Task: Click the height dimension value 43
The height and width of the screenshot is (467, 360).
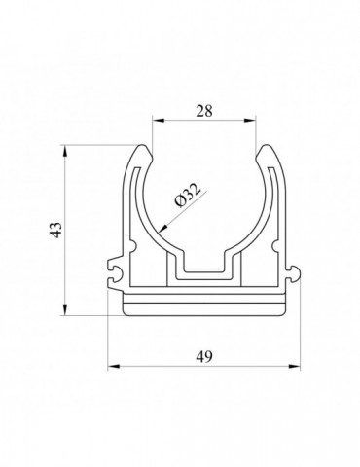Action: click(x=55, y=230)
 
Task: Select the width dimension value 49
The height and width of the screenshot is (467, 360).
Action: click(x=204, y=356)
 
